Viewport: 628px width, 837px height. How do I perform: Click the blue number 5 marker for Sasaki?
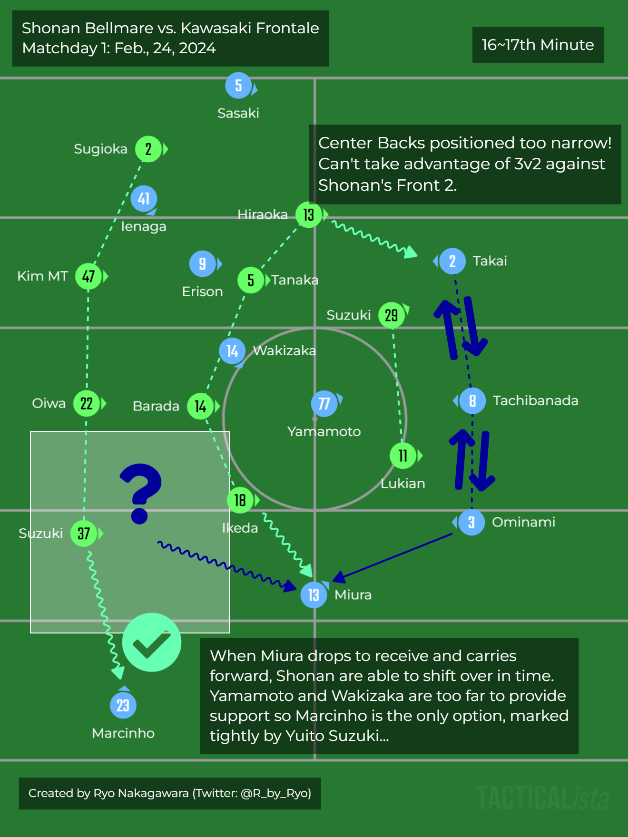(x=238, y=86)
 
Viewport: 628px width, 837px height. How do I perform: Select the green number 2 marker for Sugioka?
(x=148, y=149)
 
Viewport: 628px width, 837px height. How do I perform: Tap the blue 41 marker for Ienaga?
(x=144, y=198)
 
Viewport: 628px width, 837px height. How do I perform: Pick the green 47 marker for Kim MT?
(x=88, y=276)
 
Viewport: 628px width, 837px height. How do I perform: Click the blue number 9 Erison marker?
(x=203, y=263)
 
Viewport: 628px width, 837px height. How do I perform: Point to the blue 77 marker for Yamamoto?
(x=324, y=404)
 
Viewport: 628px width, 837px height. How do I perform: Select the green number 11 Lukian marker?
(x=403, y=456)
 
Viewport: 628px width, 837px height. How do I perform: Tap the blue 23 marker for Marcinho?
(x=123, y=705)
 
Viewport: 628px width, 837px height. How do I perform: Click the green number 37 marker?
(x=84, y=534)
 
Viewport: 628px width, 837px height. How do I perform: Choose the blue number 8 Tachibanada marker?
(x=472, y=400)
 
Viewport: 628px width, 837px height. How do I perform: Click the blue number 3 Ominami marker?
(x=471, y=522)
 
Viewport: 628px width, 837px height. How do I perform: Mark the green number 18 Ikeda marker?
(x=240, y=500)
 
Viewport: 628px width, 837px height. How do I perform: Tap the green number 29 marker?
(x=392, y=315)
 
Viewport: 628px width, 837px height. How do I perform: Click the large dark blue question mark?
(x=141, y=493)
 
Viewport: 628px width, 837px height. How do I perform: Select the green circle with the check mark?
(x=152, y=642)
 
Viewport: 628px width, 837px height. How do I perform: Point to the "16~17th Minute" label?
(x=538, y=45)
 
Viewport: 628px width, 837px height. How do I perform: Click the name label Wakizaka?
(x=285, y=350)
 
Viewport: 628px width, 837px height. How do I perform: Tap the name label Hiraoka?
(x=263, y=214)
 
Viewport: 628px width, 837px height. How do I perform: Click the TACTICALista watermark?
(x=542, y=798)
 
